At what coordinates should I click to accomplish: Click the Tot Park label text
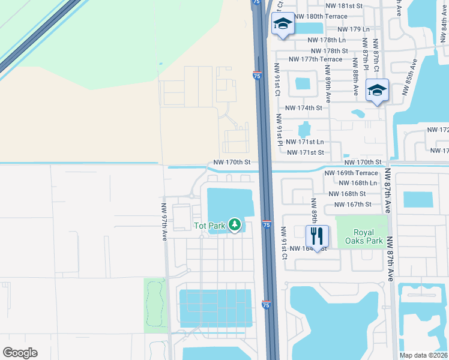pyautogui.click(x=208, y=226)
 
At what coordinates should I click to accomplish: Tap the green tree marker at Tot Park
pyautogui.click(x=235, y=225)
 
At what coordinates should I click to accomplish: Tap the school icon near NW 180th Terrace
pyautogui.click(x=282, y=23)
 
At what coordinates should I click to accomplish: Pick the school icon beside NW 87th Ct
pyautogui.click(x=377, y=91)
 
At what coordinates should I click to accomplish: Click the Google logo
pyautogui.click(x=20, y=353)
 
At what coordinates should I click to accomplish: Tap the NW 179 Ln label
pyautogui.click(x=354, y=29)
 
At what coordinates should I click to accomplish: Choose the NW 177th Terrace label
pyautogui.click(x=315, y=59)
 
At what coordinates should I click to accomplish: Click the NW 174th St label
pyautogui.click(x=304, y=108)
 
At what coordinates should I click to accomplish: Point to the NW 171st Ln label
pyautogui.click(x=305, y=142)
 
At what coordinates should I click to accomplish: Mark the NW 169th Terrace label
pyautogui.click(x=351, y=173)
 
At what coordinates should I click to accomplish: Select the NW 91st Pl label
pyautogui.click(x=280, y=130)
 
